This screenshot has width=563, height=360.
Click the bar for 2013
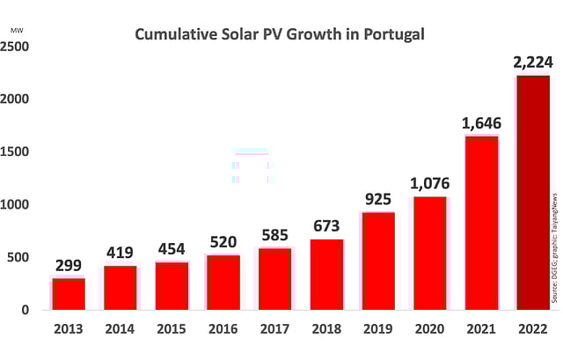69,293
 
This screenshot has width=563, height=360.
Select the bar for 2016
223,282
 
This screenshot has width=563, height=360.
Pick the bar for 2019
378,261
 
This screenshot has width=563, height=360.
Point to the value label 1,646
481,122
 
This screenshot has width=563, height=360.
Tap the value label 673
326,225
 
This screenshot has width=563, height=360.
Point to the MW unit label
17,30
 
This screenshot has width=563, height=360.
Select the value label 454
172,248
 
